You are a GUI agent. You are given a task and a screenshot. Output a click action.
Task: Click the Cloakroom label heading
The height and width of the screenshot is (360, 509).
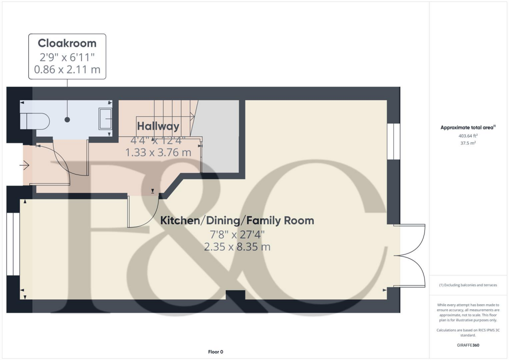pyautogui.click(x=67, y=43)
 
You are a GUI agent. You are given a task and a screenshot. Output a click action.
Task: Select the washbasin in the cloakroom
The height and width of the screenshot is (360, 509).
pyautogui.click(x=105, y=119)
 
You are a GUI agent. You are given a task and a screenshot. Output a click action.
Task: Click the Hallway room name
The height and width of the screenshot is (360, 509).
pyautogui.click(x=158, y=126)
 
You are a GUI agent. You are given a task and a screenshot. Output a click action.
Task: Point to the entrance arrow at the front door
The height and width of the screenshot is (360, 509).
pyautogui.click(x=23, y=165)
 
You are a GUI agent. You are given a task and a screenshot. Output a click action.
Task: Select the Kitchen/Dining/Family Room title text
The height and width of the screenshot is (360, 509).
pyautogui.click(x=237, y=220)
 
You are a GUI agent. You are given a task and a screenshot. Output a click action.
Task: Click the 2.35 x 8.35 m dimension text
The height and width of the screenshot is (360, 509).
pyautogui.click(x=237, y=247)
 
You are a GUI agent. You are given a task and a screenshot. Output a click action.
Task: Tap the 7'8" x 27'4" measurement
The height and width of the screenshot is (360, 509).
pyautogui.click(x=237, y=234)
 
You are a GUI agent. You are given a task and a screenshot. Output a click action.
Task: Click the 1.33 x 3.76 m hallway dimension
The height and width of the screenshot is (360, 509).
pyautogui.click(x=158, y=153)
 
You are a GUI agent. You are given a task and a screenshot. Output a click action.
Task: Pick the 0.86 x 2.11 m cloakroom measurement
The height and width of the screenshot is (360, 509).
pyautogui.click(x=67, y=70)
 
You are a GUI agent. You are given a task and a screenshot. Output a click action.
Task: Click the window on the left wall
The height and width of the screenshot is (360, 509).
pyautogui.click(x=13, y=244)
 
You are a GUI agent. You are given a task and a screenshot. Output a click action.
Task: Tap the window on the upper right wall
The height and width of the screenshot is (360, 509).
pyautogui.click(x=393, y=141)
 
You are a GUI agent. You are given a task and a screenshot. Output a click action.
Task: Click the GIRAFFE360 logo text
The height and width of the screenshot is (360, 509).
pyautogui.click(x=469, y=345)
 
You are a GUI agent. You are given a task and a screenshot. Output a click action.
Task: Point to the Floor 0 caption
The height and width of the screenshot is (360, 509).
pyautogui.click(x=215, y=352)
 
